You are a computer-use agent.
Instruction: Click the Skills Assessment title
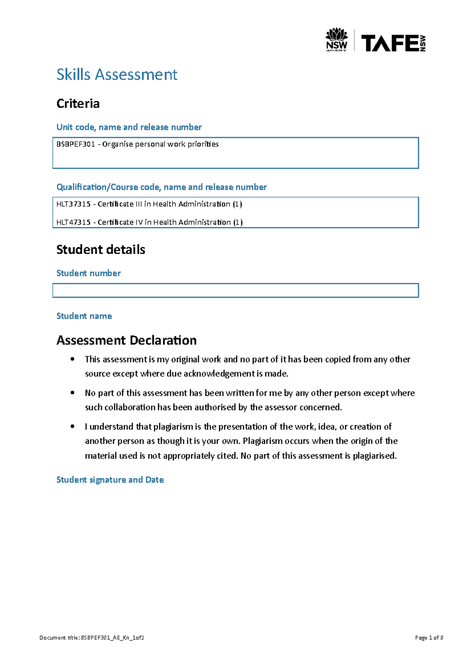pos(117,75)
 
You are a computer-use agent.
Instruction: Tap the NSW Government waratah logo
pos(336,39)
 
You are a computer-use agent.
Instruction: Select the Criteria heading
pos(78,104)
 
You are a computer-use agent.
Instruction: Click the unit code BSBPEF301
pos(76,144)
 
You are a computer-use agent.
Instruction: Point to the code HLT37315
pos(73,204)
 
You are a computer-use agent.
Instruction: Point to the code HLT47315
pos(73,222)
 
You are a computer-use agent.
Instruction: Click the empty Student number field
pos(235,290)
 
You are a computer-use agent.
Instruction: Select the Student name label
pos(84,316)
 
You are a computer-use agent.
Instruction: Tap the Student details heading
pos(100,250)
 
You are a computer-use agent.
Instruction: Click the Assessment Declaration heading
pos(126,340)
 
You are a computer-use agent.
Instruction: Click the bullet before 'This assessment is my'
pos(72,359)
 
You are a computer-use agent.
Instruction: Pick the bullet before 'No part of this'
pos(72,393)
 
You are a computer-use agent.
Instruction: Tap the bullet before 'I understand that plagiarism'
pos(72,427)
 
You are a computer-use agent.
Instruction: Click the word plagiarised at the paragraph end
pos(374,456)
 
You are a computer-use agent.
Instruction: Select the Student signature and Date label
pos(110,480)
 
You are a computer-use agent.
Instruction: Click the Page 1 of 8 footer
pos(429,638)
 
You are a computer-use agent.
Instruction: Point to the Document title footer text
pos(92,638)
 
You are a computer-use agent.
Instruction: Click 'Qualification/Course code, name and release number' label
pos(161,187)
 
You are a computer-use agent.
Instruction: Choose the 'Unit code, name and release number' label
pos(129,127)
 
